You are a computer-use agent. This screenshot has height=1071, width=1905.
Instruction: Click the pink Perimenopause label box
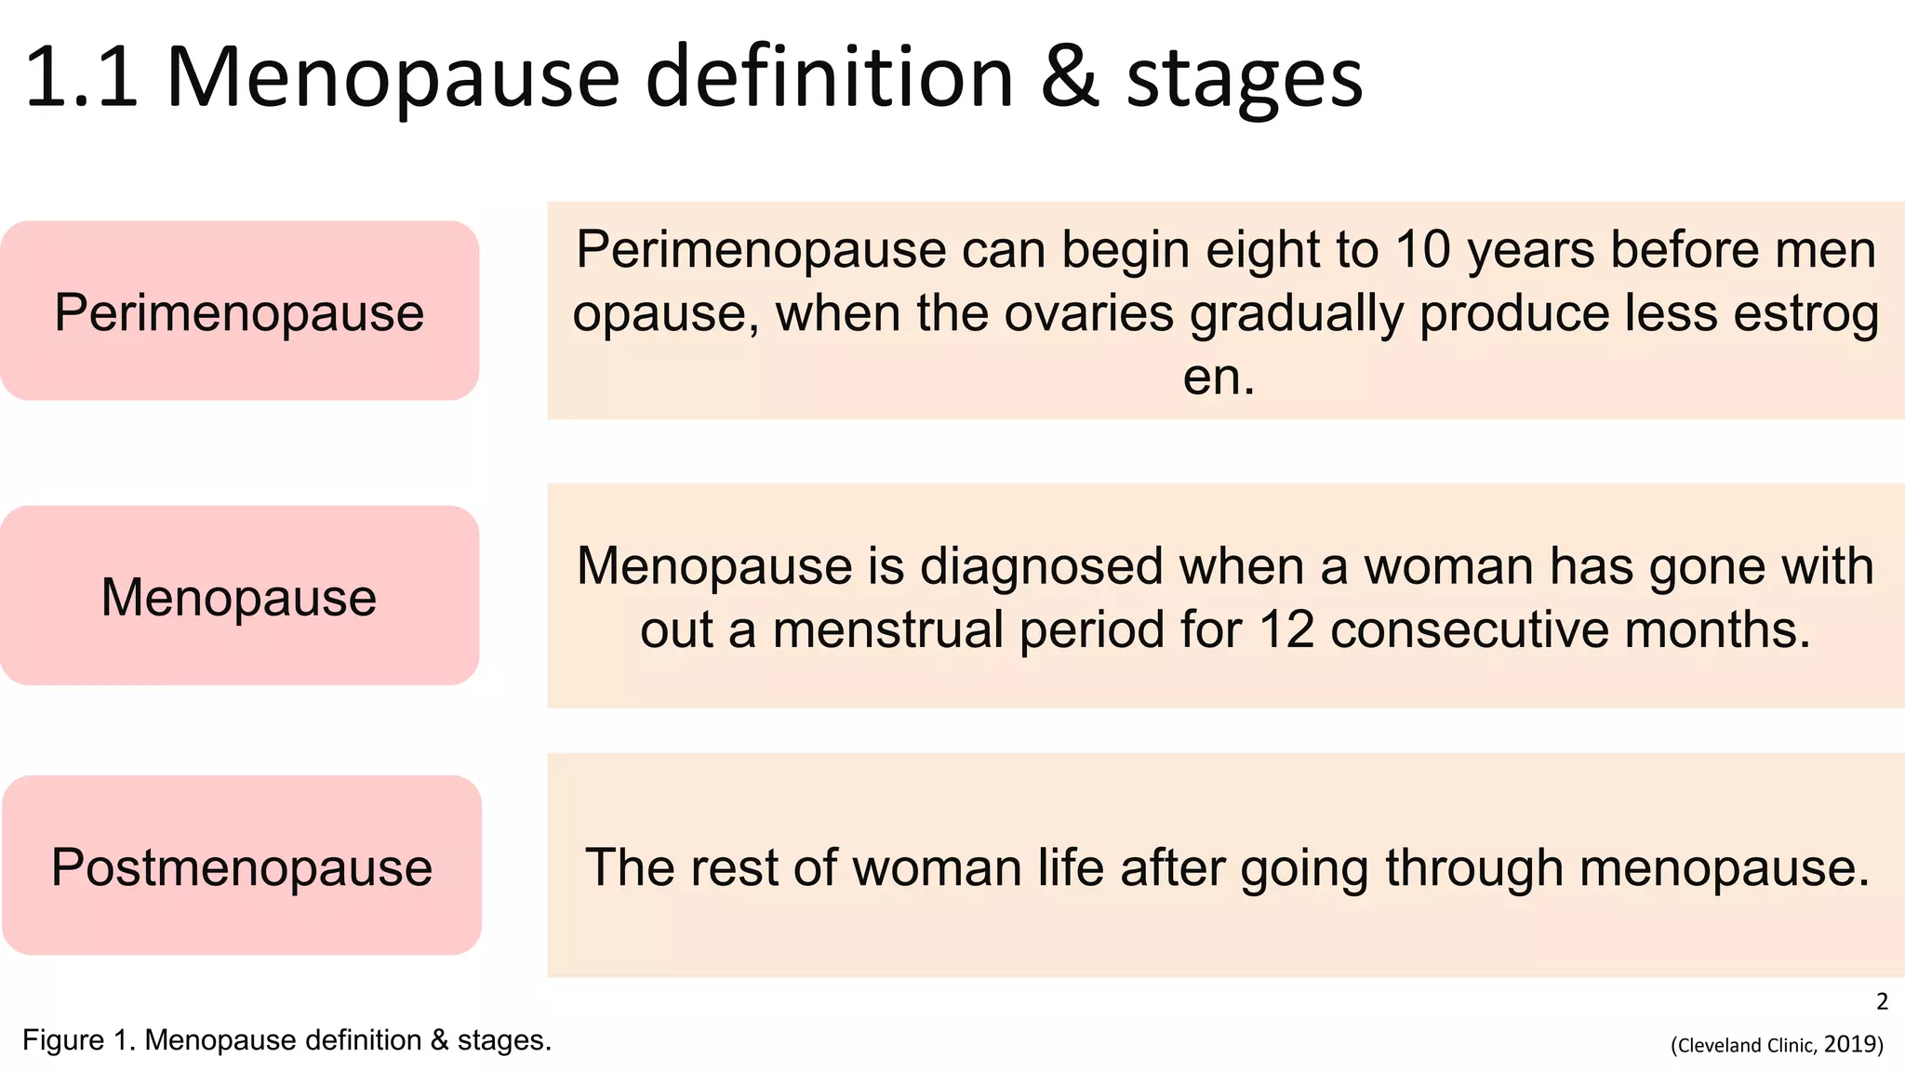click(x=239, y=311)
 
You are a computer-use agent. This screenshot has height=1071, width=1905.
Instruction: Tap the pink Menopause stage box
click(x=239, y=596)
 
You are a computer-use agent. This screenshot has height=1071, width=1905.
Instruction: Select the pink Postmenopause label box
click(x=241, y=866)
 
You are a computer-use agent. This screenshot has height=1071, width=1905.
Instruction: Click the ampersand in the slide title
click(x=1070, y=78)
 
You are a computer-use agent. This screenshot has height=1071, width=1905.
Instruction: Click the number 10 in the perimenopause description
click(x=1422, y=250)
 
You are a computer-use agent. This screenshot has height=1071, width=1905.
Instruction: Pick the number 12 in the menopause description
click(x=1286, y=629)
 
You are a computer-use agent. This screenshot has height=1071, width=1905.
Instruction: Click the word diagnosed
click(x=1041, y=567)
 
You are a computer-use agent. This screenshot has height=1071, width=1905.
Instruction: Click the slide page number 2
click(x=1882, y=1001)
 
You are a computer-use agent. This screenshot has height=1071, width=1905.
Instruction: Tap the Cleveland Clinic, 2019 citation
click(x=1777, y=1045)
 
